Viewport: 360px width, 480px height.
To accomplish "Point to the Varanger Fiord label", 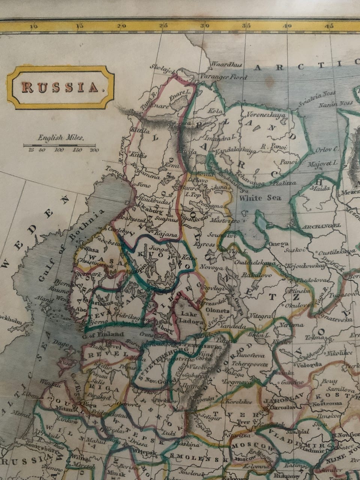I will [229, 77].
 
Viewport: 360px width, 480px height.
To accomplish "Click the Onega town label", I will [278, 244].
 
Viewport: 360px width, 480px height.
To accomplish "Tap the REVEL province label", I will [107, 354].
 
